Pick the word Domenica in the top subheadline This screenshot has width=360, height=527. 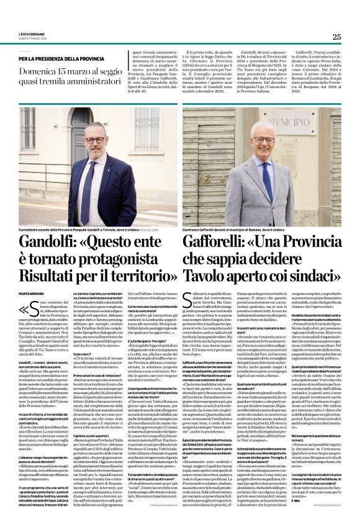tap(40, 73)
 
